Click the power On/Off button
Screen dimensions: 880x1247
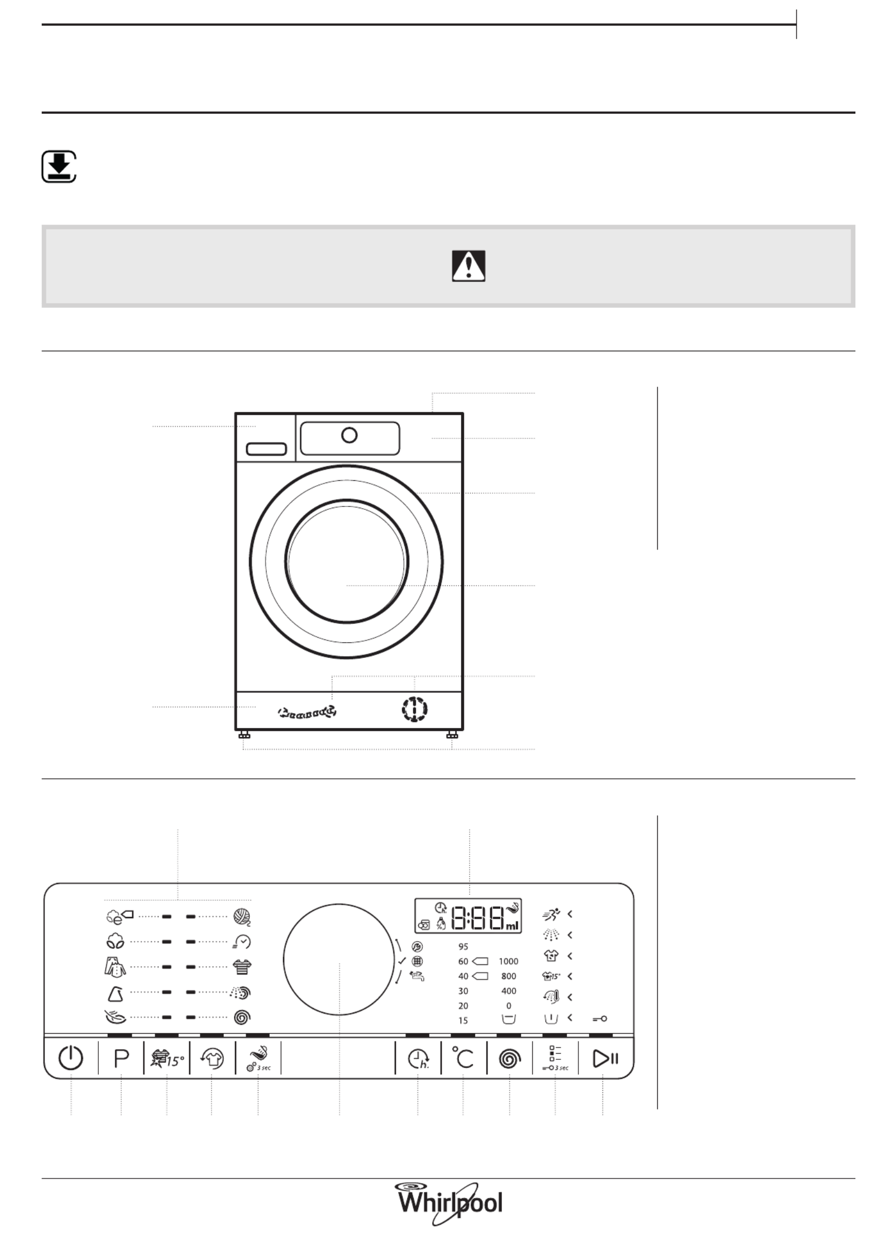(71, 1058)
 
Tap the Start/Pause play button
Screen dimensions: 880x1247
(605, 1058)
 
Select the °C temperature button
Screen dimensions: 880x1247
(463, 1058)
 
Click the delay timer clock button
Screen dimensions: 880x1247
(418, 1059)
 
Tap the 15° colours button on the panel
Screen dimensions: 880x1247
(167, 1058)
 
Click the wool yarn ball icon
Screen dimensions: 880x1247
(242, 916)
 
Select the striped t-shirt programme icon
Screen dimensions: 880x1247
(242, 967)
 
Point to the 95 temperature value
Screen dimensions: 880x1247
(463, 947)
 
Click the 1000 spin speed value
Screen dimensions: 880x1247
(508, 961)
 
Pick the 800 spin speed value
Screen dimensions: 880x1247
(508, 976)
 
